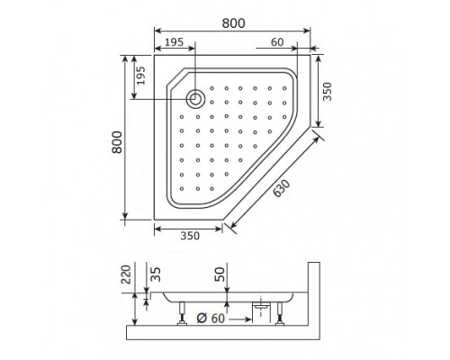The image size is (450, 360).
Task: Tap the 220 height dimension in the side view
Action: pos(127,274)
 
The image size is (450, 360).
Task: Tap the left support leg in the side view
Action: pos(183,314)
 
